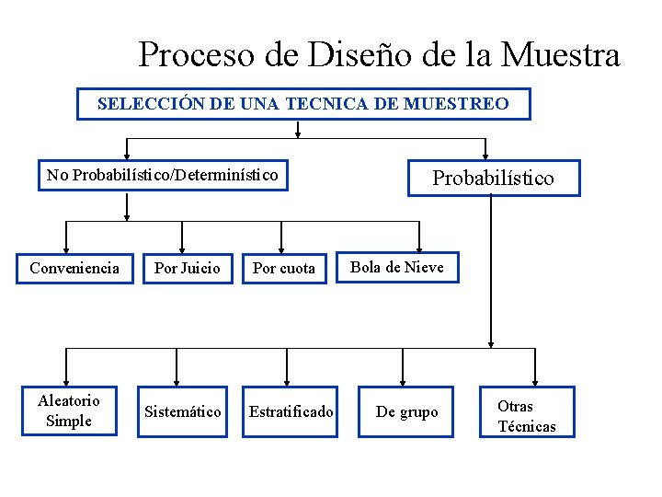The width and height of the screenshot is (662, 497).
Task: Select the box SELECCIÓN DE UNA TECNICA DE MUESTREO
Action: (303, 104)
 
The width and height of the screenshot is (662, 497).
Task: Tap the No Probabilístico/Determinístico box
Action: (163, 174)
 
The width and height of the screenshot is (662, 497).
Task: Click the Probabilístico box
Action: (494, 179)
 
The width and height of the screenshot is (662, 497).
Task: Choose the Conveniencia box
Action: (74, 268)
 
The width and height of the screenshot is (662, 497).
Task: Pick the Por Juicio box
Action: (188, 268)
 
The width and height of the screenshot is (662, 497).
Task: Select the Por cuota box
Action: (284, 268)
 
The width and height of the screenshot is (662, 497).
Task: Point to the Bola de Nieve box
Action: (397, 267)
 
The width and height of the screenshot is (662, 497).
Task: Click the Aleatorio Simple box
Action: (69, 410)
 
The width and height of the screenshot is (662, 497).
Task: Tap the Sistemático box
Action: (183, 411)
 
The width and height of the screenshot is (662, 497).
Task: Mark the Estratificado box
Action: (291, 411)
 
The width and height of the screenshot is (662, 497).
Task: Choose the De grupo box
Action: (407, 411)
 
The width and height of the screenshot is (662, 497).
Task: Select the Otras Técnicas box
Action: (527, 416)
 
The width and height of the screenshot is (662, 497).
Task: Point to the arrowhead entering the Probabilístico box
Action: (485, 156)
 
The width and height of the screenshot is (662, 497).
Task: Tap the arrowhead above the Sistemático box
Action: (182, 379)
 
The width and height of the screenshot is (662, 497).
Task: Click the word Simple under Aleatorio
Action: (69, 421)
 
